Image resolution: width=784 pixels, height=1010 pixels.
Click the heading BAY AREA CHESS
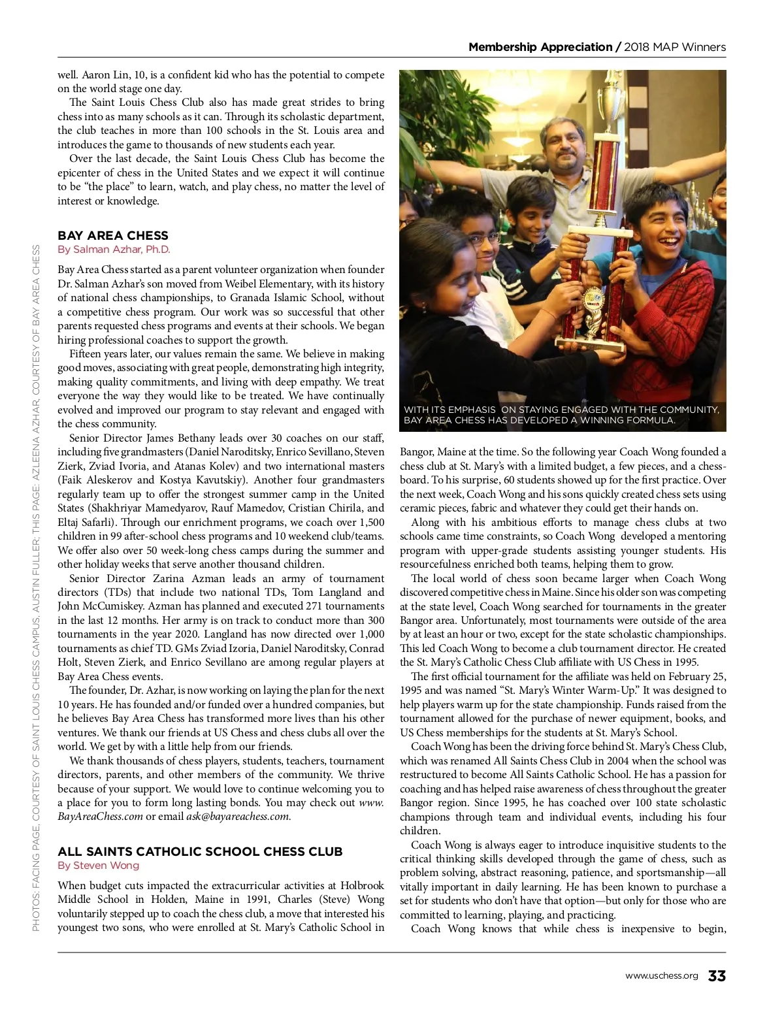113,236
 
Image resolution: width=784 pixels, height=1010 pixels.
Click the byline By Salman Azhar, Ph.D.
114,250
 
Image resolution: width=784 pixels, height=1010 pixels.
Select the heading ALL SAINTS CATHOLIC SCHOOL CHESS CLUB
200,852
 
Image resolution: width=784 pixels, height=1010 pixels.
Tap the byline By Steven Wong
98,866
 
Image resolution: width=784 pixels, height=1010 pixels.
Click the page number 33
717,976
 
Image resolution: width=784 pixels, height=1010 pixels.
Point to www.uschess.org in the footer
661,976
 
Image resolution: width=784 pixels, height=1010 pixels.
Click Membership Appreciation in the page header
540,47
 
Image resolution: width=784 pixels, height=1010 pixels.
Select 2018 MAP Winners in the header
675,47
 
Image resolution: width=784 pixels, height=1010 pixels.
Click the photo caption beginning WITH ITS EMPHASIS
562,415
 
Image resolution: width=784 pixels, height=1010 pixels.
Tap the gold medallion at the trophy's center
593,302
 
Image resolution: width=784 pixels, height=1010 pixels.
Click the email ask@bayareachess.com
238,817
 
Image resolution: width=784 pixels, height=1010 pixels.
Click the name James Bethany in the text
181,438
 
